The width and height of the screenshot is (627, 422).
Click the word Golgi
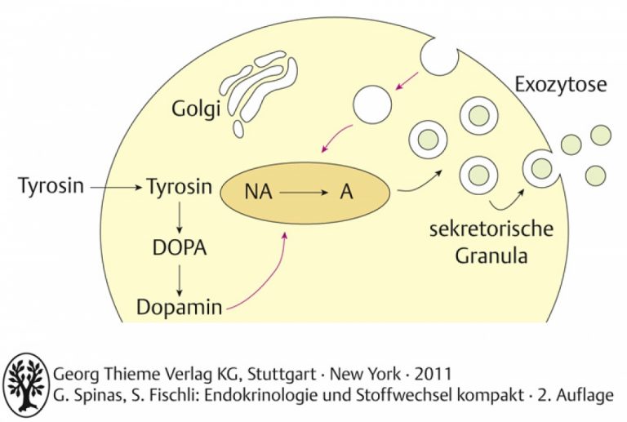(x=196, y=109)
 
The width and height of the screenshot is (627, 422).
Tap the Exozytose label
(x=560, y=85)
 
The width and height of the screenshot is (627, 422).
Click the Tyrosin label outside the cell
(x=51, y=186)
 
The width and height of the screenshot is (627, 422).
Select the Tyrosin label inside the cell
(x=180, y=186)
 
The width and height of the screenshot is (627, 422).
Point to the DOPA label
(x=180, y=248)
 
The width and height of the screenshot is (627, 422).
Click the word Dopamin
(x=179, y=307)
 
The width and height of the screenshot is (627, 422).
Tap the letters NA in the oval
(x=258, y=192)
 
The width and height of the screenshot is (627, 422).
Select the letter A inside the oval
(x=347, y=192)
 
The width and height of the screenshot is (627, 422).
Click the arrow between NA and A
(x=304, y=193)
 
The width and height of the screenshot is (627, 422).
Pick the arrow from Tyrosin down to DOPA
(x=179, y=217)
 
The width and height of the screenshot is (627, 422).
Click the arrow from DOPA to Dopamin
(x=179, y=280)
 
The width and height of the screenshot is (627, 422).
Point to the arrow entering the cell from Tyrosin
(x=116, y=187)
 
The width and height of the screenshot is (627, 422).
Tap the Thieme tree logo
(x=26, y=384)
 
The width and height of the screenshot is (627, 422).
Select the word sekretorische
(x=491, y=230)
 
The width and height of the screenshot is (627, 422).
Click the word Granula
(x=491, y=255)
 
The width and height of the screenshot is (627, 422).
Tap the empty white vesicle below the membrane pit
(x=372, y=104)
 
